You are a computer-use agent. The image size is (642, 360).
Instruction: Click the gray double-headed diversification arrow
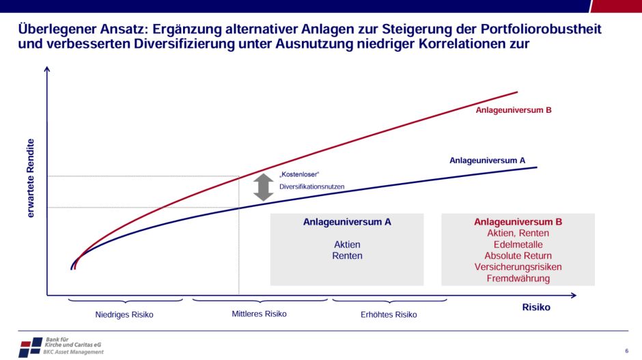point(263,187)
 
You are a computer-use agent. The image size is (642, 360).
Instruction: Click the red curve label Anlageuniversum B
point(514,109)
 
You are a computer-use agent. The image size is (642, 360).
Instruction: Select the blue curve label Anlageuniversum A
point(487,160)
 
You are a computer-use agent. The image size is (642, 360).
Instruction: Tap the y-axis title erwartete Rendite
point(31,178)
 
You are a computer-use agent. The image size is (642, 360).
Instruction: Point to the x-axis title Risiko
point(536,307)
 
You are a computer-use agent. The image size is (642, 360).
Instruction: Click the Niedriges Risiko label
point(124,315)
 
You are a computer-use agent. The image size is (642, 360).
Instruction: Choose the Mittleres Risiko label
point(260,314)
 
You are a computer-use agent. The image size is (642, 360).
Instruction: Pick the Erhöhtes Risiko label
point(389,315)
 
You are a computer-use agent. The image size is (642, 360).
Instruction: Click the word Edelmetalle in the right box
point(518,245)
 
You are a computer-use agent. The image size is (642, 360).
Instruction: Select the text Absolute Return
point(518,255)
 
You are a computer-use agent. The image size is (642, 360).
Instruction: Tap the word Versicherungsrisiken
point(518,267)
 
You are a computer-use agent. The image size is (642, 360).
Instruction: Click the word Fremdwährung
point(518,278)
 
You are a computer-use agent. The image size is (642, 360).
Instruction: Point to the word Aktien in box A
point(347,245)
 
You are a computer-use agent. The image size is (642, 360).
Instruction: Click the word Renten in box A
point(347,255)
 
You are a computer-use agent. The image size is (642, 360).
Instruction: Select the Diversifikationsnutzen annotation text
point(312,186)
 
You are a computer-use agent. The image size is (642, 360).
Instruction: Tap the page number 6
point(626,351)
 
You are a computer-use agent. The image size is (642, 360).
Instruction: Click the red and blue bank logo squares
point(30,347)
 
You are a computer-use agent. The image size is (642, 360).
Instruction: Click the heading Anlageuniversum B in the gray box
point(518,222)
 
